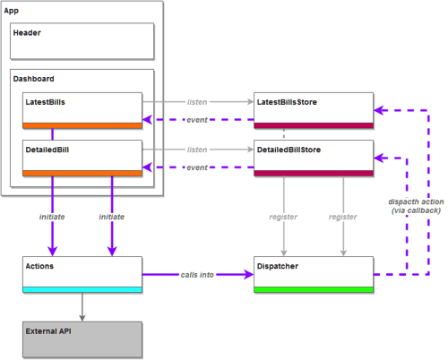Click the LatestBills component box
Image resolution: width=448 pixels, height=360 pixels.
pos(82,107)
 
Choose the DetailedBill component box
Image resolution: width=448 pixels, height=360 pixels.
pos(82,154)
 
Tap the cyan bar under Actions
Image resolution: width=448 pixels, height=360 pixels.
pos(82,289)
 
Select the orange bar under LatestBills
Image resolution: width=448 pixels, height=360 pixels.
pos(82,125)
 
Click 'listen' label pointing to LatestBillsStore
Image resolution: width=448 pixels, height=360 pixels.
pos(197,102)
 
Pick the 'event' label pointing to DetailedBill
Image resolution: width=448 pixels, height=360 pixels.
pos(197,167)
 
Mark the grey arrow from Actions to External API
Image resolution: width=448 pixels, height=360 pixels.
pos(82,306)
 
